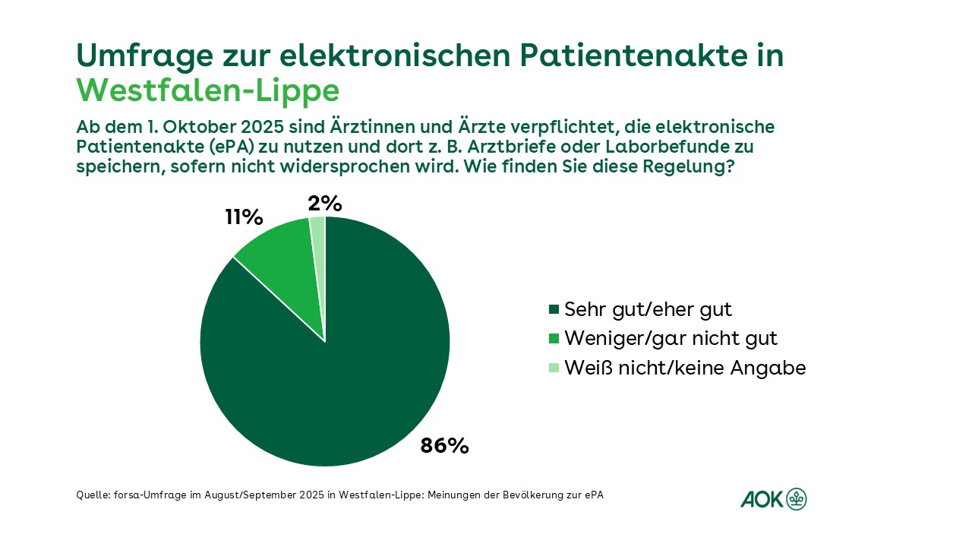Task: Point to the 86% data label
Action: pyautogui.click(x=444, y=446)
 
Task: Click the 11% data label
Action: pyautogui.click(x=244, y=217)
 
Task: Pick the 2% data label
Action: pyautogui.click(x=325, y=204)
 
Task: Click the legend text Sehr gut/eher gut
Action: pyautogui.click(x=648, y=309)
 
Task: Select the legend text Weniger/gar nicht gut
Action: pyautogui.click(x=671, y=338)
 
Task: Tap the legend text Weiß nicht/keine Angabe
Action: pyautogui.click(x=685, y=368)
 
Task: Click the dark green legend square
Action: pyautogui.click(x=554, y=310)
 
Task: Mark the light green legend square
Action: pyautogui.click(x=554, y=368)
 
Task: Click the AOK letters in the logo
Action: pyautogui.click(x=762, y=499)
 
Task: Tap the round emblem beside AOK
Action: pyautogui.click(x=797, y=498)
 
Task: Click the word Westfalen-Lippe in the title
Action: pyautogui.click(x=207, y=90)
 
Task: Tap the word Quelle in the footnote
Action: pyautogui.click(x=93, y=495)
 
